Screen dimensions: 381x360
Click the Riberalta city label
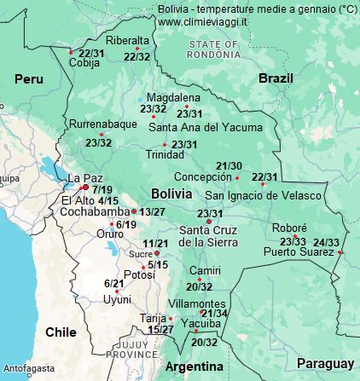click(127, 40)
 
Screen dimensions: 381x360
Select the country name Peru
click(28, 78)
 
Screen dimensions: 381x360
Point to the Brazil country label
click(275, 78)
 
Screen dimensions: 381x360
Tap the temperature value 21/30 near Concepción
click(229, 165)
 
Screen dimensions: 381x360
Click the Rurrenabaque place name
click(103, 124)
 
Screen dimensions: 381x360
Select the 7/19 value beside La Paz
click(102, 189)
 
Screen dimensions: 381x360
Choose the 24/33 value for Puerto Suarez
click(327, 243)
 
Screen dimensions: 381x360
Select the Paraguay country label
click(325, 364)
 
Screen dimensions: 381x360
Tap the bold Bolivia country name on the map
click(171, 193)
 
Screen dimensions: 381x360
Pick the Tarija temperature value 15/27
click(160, 329)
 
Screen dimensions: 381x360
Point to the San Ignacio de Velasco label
click(263, 195)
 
